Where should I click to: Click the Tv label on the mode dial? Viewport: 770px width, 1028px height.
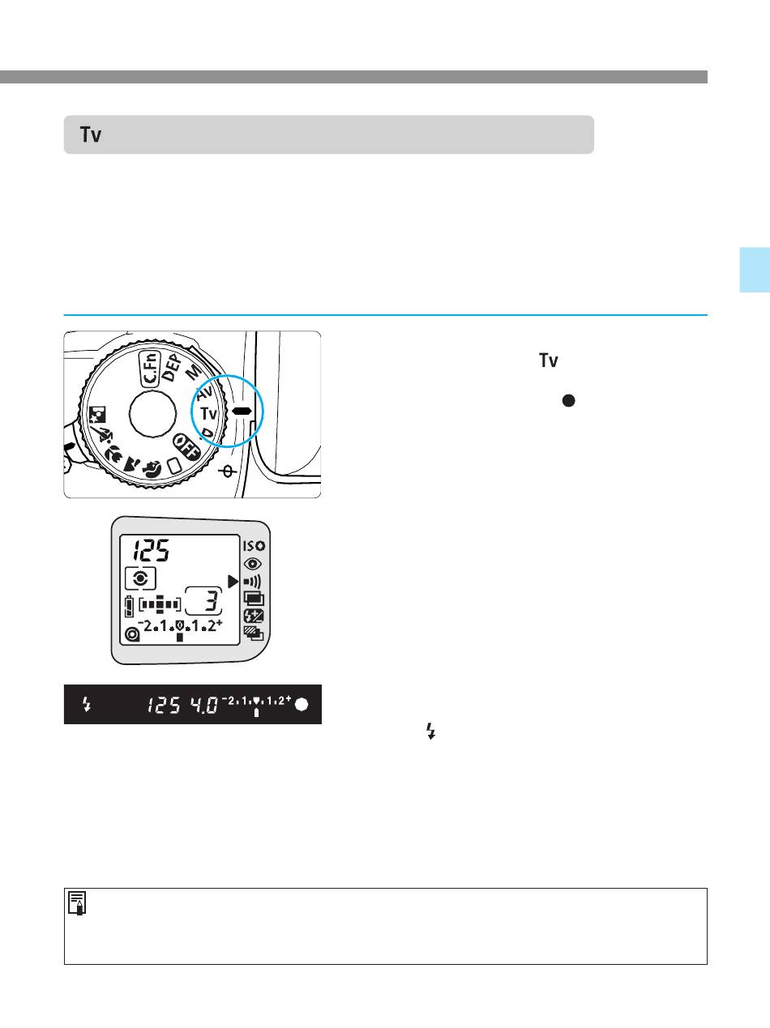coord(209,413)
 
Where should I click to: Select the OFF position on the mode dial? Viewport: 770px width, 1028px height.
coord(186,447)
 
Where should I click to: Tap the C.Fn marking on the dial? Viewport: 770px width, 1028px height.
coord(151,369)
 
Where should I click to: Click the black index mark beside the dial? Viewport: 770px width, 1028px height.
coord(242,411)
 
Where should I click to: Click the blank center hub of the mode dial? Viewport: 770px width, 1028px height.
coord(152,415)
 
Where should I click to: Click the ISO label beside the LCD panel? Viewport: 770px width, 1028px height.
coord(254,546)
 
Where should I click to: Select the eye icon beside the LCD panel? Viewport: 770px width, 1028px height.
coord(252,564)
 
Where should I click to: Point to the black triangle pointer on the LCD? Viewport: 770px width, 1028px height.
coord(233,582)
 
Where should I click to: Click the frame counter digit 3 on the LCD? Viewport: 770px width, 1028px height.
coord(212,601)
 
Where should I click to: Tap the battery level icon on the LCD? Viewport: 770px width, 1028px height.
coord(129,608)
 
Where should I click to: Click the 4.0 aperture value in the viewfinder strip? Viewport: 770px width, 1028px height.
coord(203,705)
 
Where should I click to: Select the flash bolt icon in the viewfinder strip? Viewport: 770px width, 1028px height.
coord(86,704)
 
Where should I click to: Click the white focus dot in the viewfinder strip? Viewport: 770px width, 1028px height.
coord(302,705)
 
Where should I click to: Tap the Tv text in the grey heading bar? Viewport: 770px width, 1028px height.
coord(91,134)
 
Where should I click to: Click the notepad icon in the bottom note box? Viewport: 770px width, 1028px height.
coord(77,903)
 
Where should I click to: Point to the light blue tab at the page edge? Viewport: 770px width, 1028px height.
coord(755,271)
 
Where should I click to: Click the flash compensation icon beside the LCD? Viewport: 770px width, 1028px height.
coord(254,616)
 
